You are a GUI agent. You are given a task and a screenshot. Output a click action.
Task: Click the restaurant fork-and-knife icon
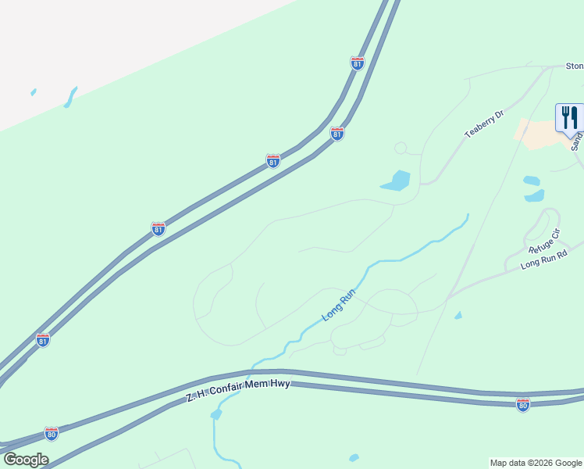point(569,117)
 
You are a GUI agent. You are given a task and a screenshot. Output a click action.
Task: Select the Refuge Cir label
point(544,242)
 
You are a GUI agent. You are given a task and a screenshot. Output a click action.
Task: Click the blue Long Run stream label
point(339,305)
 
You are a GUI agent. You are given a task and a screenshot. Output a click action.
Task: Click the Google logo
point(26,460)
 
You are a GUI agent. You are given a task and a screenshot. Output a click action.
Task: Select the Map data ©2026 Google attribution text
point(536,463)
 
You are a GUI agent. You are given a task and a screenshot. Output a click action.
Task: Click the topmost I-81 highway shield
point(357,63)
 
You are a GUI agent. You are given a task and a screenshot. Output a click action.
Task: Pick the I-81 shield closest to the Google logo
point(43,340)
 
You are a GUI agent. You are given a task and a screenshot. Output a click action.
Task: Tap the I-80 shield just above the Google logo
point(51,433)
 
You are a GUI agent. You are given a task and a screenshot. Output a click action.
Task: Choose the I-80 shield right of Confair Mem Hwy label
point(522,404)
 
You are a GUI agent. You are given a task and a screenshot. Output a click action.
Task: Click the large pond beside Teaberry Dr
point(397,181)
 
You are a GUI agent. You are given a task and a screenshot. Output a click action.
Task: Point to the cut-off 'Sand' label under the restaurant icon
point(576,141)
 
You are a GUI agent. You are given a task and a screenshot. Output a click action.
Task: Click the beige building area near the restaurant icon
point(539,134)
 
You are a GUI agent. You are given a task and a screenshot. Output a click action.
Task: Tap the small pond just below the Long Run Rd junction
point(458,315)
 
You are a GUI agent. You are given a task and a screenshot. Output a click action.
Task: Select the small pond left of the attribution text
point(354,457)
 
